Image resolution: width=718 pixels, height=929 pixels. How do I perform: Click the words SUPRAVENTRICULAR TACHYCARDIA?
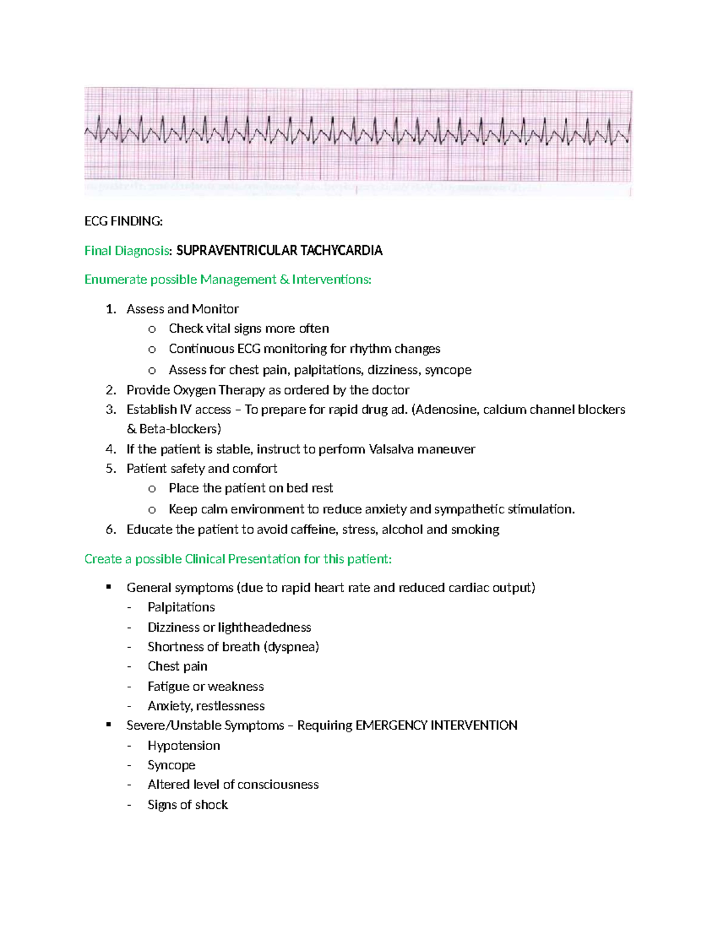coord(279,251)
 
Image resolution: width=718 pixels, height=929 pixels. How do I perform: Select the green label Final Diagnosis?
coord(127,251)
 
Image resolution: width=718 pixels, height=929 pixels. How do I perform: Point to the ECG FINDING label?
coord(123,221)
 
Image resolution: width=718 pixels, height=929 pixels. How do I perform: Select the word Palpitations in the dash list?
coord(181,607)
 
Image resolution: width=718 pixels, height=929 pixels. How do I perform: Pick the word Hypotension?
coord(184,746)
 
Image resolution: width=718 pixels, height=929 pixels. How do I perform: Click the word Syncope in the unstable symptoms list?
coord(171,765)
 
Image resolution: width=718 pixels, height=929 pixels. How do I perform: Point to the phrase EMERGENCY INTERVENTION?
coord(436,726)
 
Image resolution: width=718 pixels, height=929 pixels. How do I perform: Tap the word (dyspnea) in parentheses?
coord(291,647)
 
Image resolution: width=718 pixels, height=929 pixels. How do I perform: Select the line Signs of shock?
coord(187,805)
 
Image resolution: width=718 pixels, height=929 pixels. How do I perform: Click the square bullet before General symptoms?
coord(109,587)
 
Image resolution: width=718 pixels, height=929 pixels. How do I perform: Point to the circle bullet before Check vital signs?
coord(152,329)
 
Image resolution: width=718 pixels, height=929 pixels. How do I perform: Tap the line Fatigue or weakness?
coord(205,687)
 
